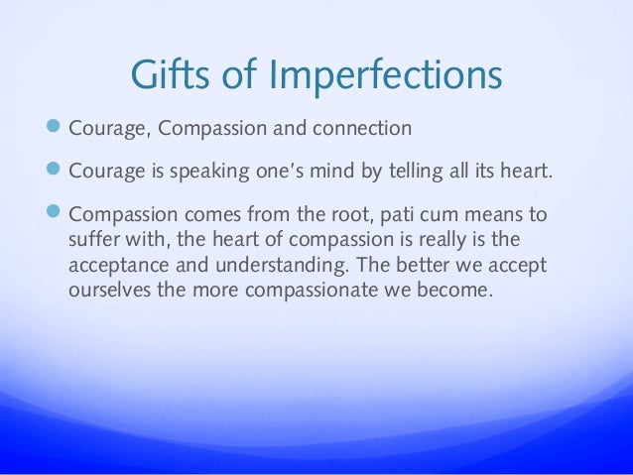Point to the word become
point(452,295)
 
